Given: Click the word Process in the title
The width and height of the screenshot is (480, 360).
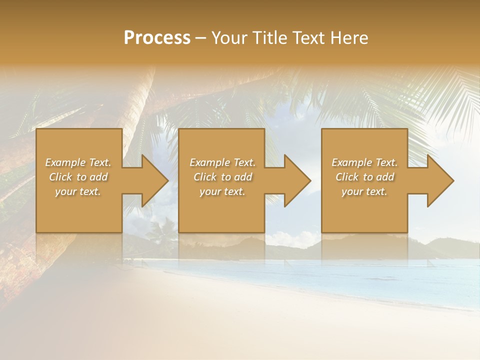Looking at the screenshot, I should click(x=157, y=37).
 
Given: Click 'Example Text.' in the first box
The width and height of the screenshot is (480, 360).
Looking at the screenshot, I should click(x=78, y=162).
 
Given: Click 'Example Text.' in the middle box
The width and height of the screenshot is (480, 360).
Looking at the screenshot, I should click(x=222, y=162).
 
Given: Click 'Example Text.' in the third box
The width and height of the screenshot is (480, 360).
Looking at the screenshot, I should click(x=364, y=162).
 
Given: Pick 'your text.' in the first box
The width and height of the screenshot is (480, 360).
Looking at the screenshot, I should click(x=78, y=191).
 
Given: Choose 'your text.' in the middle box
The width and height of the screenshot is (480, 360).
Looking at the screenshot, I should click(x=222, y=191).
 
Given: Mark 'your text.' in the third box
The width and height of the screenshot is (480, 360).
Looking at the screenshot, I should click(x=364, y=191).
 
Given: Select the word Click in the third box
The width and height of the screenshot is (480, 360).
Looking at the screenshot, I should click(x=347, y=177).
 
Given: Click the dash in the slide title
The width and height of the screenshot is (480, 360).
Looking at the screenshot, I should click(x=201, y=38).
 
